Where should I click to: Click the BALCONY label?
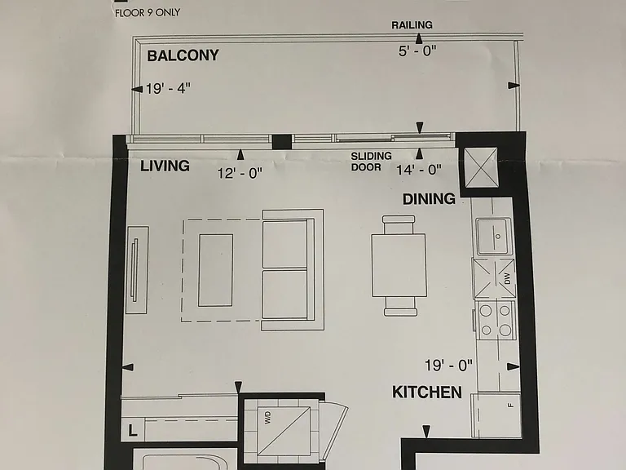[183, 55]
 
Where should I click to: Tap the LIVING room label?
[165, 166]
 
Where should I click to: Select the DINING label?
[429, 198]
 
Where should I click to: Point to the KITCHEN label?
[427, 392]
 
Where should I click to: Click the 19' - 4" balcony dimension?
[168, 88]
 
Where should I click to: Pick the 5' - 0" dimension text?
[417, 51]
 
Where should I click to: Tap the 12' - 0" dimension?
[240, 173]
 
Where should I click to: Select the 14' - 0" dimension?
[419, 170]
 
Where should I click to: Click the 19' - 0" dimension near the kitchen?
[448, 365]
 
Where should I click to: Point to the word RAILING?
[412, 25]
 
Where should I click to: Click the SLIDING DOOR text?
[371, 162]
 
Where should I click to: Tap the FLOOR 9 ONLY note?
[148, 13]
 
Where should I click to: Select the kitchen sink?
[493, 236]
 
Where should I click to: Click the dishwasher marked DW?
[494, 278]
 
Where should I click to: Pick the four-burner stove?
[495, 320]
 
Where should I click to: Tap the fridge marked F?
[496, 415]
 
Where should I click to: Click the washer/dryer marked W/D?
[284, 431]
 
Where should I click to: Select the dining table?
[399, 265]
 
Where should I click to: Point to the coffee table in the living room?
[215, 270]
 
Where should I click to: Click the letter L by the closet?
[132, 430]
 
